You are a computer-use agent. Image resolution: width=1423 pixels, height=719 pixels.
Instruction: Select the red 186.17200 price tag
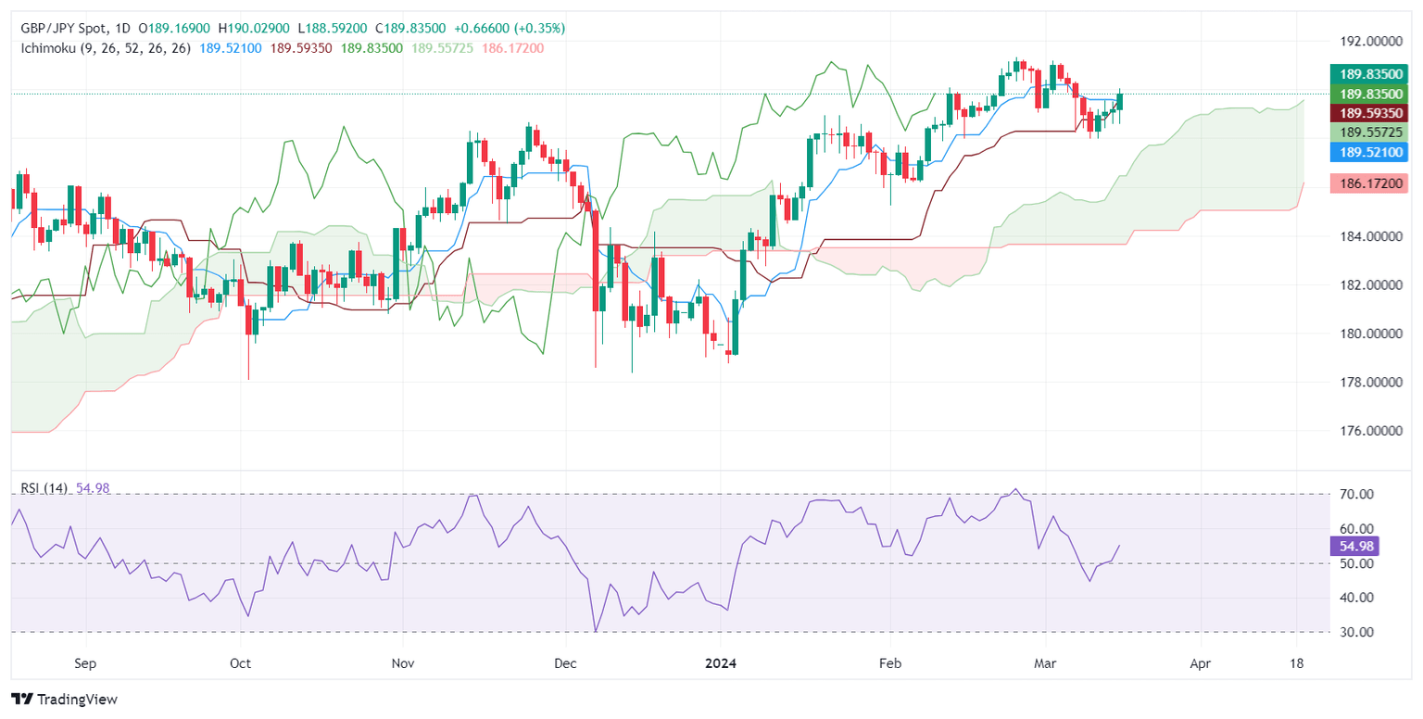pos(1368,183)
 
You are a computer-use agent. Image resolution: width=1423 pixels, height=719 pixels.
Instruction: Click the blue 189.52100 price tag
pos(1368,152)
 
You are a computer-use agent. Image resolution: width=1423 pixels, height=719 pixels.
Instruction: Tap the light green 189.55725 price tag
pos(1368,132)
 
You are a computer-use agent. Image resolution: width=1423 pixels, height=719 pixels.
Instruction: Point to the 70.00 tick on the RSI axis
pos(1354,495)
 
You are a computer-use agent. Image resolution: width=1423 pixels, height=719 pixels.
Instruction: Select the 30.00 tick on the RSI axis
pos(1354,632)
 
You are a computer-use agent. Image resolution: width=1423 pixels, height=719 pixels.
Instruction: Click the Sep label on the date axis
pos(84,664)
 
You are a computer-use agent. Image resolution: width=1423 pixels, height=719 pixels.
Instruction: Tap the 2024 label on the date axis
pos(720,664)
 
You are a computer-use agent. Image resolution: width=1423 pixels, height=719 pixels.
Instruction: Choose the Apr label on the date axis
pos(1200,664)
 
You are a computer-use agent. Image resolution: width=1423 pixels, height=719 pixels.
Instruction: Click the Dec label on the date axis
pos(564,664)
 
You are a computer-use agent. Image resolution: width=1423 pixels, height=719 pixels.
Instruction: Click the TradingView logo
pos(65,700)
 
